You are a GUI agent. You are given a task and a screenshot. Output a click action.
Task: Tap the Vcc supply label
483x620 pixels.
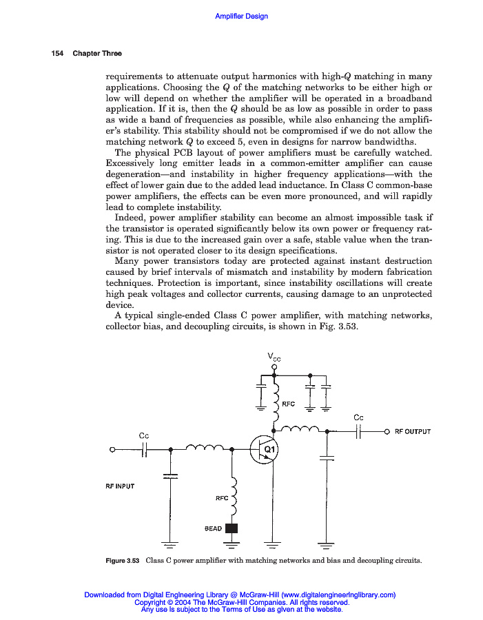(274, 356)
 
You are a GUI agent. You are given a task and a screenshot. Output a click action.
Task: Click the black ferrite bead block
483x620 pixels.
(232, 528)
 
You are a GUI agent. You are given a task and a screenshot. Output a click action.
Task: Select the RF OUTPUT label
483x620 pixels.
(413, 432)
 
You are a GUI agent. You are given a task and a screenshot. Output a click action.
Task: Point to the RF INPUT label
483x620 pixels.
(120, 486)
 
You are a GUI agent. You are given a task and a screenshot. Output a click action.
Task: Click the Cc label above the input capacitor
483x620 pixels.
(144, 435)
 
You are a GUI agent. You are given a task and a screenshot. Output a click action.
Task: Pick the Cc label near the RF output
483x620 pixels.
(358, 417)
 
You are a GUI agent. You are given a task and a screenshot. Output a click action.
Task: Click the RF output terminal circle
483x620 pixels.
(387, 432)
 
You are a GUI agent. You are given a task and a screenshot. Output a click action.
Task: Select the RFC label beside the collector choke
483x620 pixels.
(289, 404)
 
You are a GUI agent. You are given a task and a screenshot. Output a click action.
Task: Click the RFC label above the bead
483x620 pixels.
(222, 497)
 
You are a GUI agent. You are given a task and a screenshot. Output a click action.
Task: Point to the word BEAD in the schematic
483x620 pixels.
(214, 529)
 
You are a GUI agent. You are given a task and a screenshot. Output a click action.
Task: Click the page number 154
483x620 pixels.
(58, 54)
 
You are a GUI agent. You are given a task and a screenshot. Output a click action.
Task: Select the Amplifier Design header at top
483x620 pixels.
(241, 16)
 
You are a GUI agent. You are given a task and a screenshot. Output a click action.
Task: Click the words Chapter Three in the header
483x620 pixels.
(97, 54)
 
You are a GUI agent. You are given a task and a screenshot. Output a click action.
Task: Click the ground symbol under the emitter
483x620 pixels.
(274, 546)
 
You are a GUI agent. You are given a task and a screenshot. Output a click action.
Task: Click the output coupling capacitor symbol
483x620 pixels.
(358, 432)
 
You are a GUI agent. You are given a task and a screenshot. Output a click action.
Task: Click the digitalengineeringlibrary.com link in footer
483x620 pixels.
(338, 595)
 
